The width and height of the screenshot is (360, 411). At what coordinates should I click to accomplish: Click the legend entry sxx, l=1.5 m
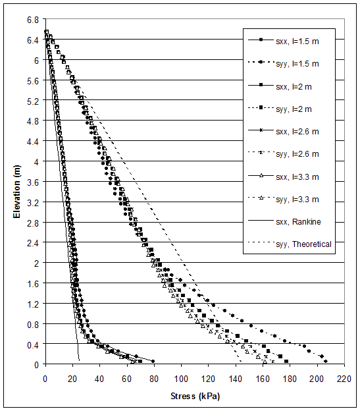pos(289,41)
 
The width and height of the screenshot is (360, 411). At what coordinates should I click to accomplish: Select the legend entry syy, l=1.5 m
pos(289,63)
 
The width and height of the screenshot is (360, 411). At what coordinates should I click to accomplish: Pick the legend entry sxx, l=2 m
pos(289,86)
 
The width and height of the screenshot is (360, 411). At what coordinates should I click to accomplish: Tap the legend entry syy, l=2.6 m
pos(289,153)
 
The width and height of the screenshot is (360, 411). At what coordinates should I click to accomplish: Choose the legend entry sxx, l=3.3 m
pos(289,176)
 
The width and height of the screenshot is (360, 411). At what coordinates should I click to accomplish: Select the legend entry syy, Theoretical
pos(289,244)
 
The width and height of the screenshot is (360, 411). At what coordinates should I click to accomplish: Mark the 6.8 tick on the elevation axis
pos(33,20)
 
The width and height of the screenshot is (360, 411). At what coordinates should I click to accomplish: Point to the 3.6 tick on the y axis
pos(33,182)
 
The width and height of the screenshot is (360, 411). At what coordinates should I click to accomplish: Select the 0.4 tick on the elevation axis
pos(33,344)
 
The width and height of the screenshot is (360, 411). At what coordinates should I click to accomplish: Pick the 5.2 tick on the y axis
pos(33,101)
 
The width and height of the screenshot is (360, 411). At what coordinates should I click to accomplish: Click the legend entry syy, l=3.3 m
pos(289,198)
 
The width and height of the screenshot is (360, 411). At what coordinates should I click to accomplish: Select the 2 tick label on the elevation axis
pos(37,263)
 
